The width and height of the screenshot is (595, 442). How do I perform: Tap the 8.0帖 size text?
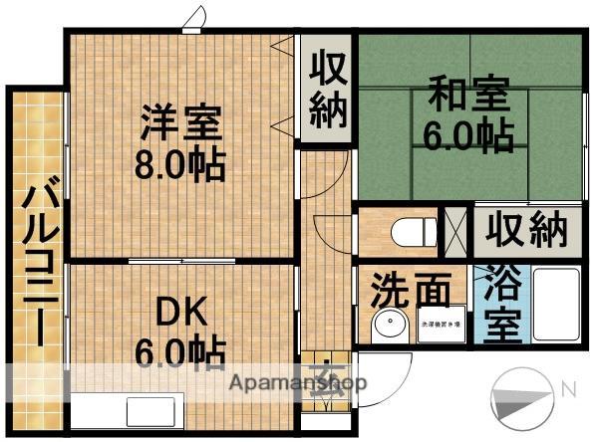(x=180, y=163)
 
